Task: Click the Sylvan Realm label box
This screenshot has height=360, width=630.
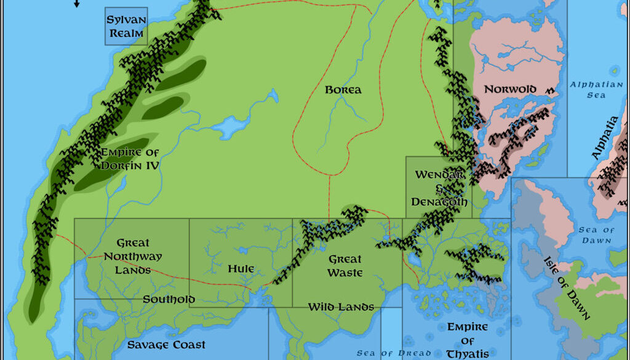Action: (126, 26)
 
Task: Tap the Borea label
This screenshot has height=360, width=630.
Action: (343, 90)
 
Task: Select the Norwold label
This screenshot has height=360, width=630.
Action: (510, 89)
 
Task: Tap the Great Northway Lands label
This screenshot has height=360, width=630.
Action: (133, 257)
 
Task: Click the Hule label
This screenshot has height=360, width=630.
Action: (241, 268)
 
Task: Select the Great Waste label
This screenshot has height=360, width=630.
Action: (345, 266)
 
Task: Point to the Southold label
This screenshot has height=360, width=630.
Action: (169, 300)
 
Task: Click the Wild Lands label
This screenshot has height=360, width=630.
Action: (341, 306)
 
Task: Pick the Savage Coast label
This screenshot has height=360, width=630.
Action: (166, 345)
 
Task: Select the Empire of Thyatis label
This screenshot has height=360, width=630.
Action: (467, 340)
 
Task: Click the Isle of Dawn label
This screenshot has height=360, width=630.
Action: (567, 287)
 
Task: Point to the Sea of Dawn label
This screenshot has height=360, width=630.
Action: (596, 235)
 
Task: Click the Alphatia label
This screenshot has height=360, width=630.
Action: (605, 138)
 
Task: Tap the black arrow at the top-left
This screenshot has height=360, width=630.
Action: (77, 4)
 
